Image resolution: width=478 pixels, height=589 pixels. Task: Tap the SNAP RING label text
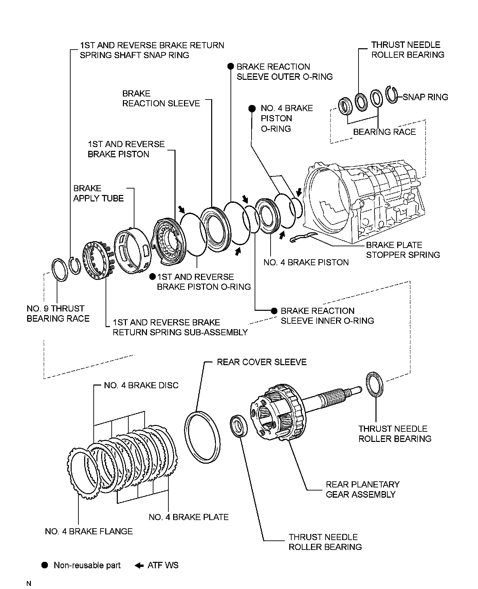pyautogui.click(x=425, y=97)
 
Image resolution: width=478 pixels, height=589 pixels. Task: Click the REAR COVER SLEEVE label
pyautogui.click(x=261, y=362)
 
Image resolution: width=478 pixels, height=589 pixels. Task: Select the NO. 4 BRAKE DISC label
pyautogui.click(x=141, y=386)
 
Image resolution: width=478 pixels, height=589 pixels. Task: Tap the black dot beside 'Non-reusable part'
pyautogui.click(x=44, y=565)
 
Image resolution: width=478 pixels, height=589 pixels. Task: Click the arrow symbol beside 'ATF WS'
pyautogui.click(x=139, y=566)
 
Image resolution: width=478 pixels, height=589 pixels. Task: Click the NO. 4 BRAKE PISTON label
pyautogui.click(x=306, y=263)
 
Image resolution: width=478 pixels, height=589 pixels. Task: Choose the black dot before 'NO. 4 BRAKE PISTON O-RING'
pyautogui.click(x=252, y=108)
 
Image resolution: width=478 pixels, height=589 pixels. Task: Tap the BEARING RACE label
pyautogui.click(x=384, y=132)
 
